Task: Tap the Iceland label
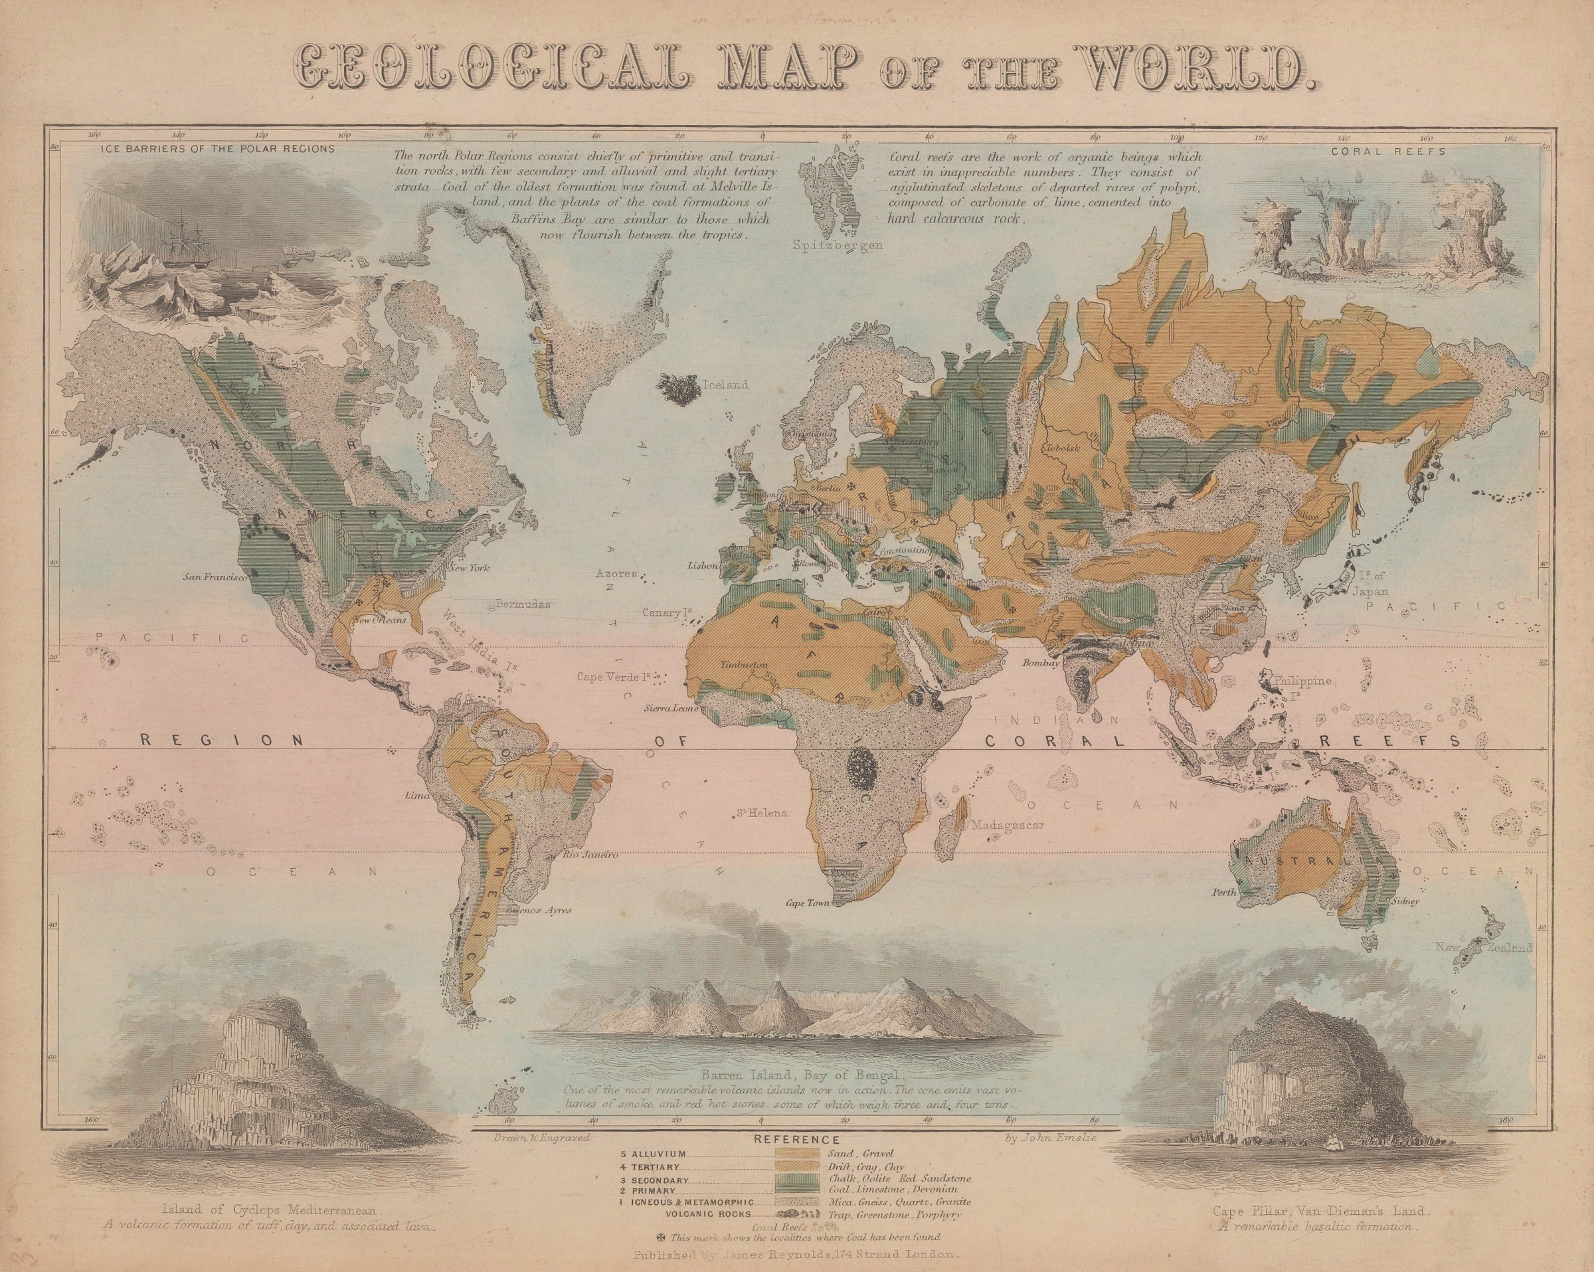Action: [x=727, y=385]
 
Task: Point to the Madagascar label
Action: [x=1007, y=826]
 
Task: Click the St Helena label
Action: [x=763, y=814]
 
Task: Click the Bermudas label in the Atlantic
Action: [x=523, y=604]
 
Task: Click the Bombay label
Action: [x=1041, y=664]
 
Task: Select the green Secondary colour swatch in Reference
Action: [x=798, y=1200]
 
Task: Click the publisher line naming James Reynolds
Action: [x=797, y=1255]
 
